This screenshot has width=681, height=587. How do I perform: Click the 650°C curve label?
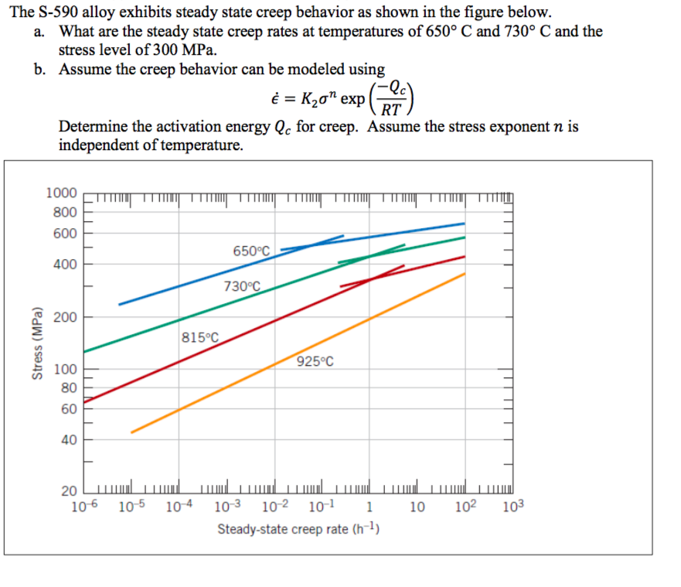pos(251,251)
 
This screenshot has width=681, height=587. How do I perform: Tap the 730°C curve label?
pos(242,286)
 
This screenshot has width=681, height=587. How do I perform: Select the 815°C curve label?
pos(200,337)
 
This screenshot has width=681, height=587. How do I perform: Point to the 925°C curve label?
pos(315,361)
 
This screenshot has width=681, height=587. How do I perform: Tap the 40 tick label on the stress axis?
pos(69,440)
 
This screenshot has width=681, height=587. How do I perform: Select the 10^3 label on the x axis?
pos(512,508)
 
